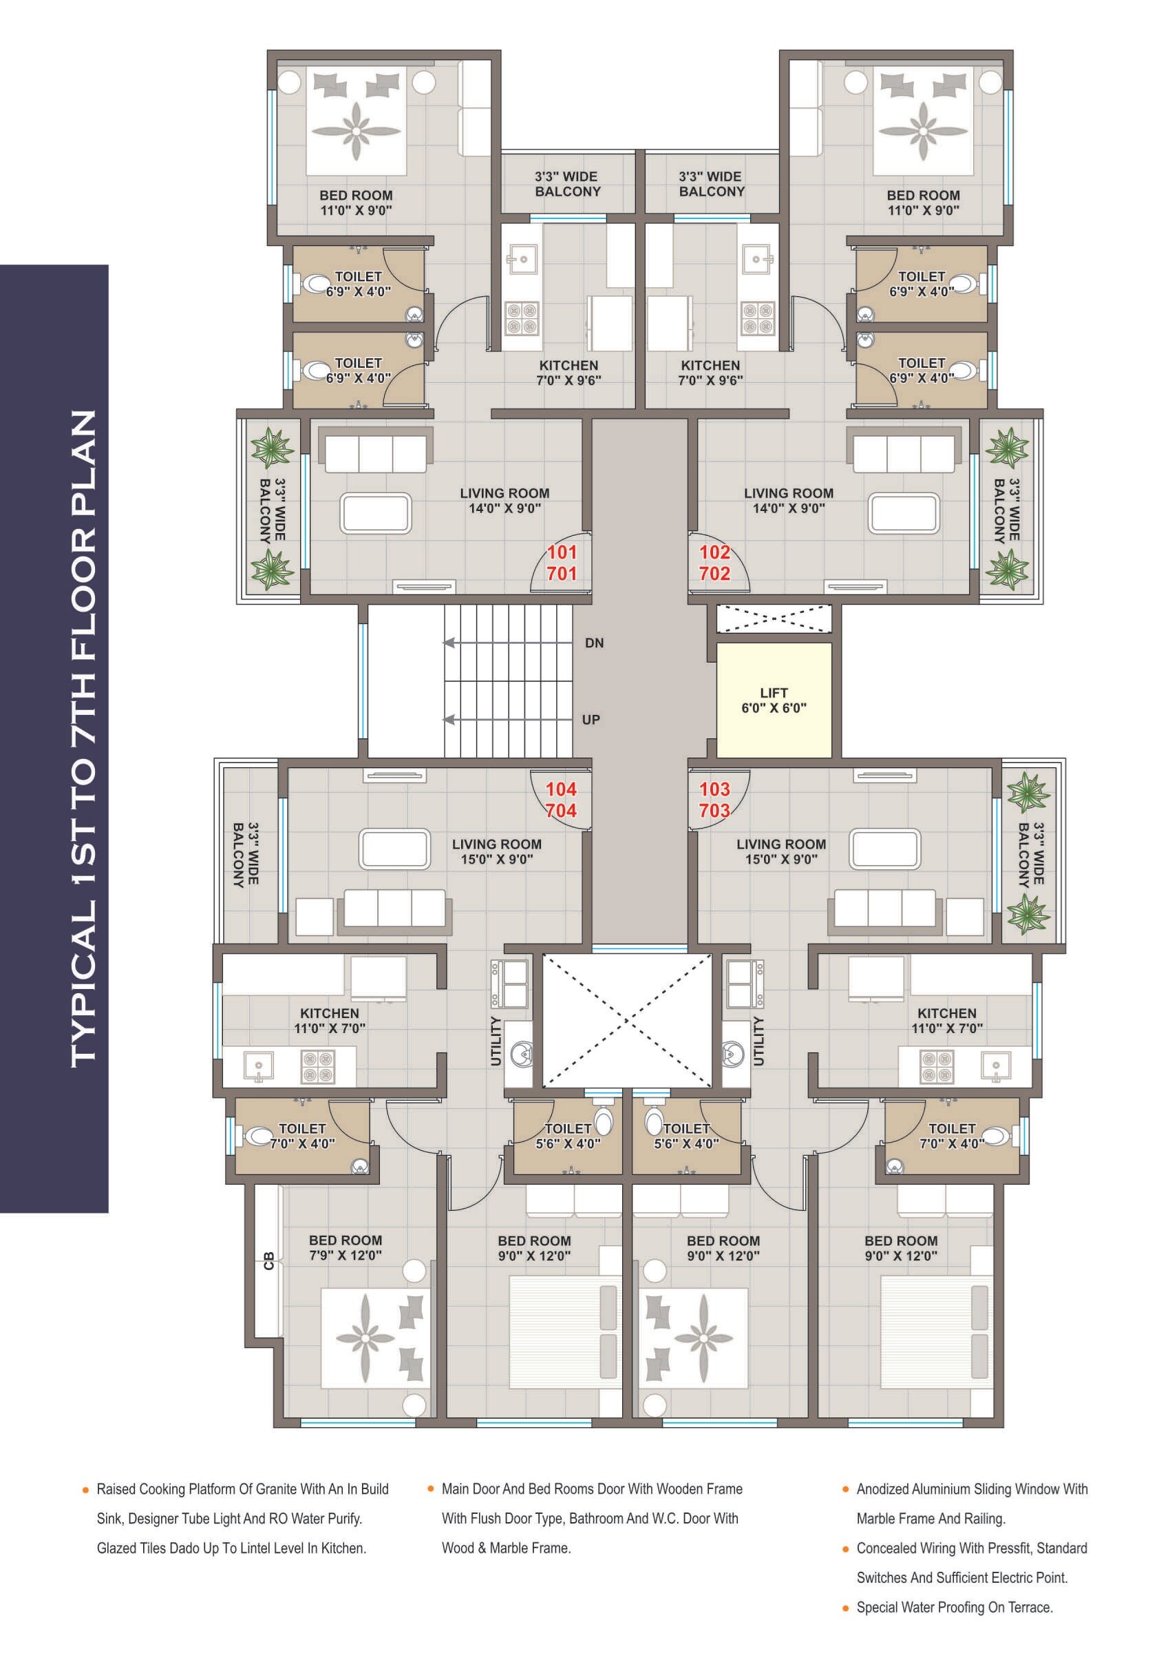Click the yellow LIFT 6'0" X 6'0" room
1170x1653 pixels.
[774, 700]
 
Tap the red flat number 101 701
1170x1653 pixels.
[561, 563]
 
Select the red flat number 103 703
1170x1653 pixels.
[714, 800]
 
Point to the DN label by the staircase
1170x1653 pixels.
[594, 643]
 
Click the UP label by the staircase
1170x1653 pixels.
[591, 720]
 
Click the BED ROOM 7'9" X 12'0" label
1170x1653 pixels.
[345, 1247]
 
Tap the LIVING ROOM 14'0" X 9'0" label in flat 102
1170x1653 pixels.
[788, 500]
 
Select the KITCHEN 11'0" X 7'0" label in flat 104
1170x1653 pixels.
[329, 1020]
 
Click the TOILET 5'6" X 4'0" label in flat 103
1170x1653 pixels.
[686, 1135]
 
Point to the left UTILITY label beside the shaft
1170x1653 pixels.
[496, 1040]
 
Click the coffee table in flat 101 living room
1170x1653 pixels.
[376, 512]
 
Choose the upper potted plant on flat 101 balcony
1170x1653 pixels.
[272, 448]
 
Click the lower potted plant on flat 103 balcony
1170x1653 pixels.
[1028, 914]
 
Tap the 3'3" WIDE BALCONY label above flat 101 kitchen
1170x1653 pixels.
[567, 184]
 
